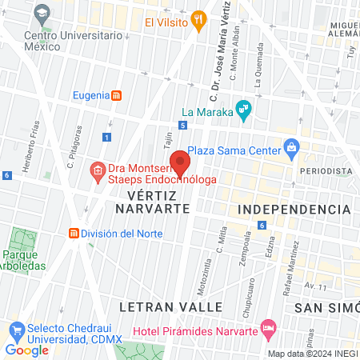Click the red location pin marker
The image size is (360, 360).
click(180, 162)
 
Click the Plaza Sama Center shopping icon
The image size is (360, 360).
click(291, 148)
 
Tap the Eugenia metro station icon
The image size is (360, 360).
click(117, 95)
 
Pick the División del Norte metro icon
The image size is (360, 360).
click(74, 234)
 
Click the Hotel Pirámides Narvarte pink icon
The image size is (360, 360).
click(269, 327)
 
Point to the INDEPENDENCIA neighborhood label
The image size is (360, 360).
click(294, 209)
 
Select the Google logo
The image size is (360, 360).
click(26, 350)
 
